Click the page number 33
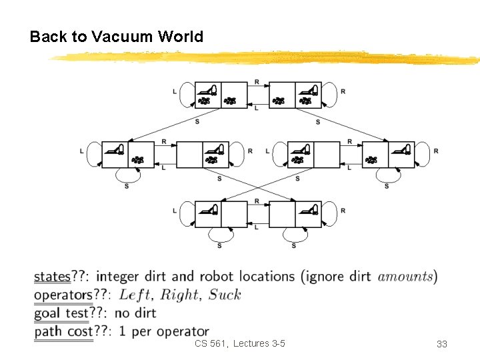(x=441, y=344)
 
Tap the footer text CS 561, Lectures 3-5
(x=239, y=343)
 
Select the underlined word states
(x=52, y=277)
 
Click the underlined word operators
(x=63, y=295)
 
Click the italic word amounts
(x=405, y=277)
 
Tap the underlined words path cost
(x=63, y=331)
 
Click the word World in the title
(x=180, y=37)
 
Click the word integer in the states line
(x=129, y=277)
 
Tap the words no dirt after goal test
(x=135, y=313)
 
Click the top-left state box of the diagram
(x=221, y=95)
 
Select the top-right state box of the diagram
(x=295, y=95)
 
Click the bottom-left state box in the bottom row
(x=221, y=215)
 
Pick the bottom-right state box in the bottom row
(x=295, y=215)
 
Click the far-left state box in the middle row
(x=128, y=155)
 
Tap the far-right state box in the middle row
(x=388, y=155)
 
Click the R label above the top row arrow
(x=257, y=81)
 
